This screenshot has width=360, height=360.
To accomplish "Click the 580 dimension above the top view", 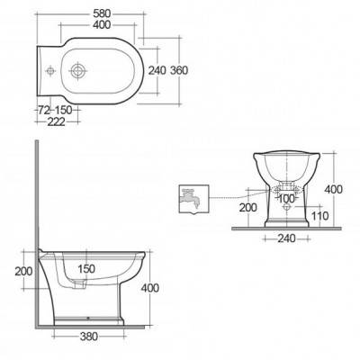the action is (x=102, y=13).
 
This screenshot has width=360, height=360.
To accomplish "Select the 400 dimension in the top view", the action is (x=102, y=25).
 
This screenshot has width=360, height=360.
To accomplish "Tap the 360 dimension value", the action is (x=179, y=70).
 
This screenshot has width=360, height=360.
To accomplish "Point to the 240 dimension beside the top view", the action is (x=157, y=70).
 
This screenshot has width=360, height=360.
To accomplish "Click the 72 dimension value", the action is (x=44, y=111).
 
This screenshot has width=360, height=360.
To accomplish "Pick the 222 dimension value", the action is (x=57, y=121).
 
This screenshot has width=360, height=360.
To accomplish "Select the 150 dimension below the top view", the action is (x=64, y=111).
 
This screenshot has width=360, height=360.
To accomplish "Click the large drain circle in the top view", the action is (x=77, y=71).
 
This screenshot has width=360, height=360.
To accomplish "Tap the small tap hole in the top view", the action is (x=50, y=71).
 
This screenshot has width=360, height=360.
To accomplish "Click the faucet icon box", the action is (x=193, y=199).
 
